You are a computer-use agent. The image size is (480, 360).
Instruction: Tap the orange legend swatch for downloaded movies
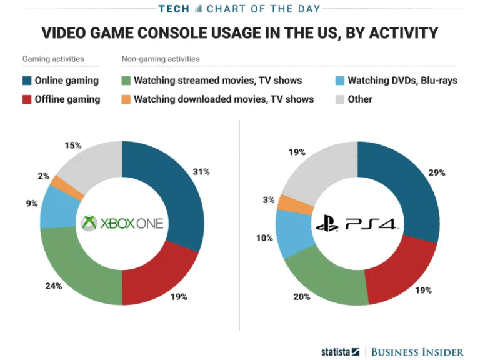click(x=126, y=99)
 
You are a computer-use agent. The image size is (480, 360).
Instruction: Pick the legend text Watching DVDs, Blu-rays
click(x=402, y=80)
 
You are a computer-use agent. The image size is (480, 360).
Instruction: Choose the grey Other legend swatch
click(x=341, y=99)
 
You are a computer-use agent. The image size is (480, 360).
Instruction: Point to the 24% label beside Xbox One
click(x=53, y=286)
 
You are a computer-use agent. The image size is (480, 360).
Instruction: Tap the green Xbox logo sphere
click(x=91, y=222)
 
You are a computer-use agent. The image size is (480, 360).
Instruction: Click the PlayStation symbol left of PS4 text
click(x=327, y=223)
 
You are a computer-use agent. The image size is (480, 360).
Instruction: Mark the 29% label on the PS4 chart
click(x=437, y=172)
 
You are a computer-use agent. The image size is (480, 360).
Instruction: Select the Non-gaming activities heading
click(x=161, y=59)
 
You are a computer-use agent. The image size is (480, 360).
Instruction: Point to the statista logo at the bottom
click(x=340, y=352)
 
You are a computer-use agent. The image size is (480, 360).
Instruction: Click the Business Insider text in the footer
click(x=417, y=352)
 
